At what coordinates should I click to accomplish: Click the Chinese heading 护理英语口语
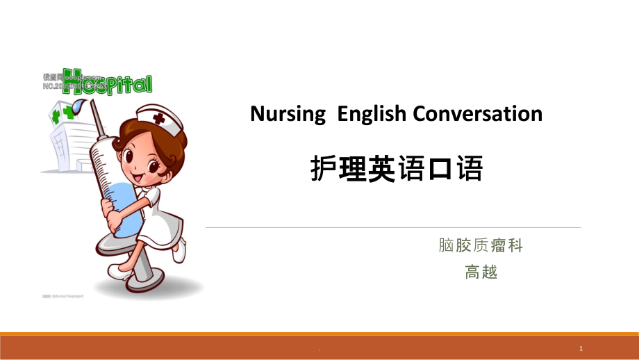click(396, 169)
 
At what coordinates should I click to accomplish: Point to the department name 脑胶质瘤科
click(481, 245)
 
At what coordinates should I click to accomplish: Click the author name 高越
click(481, 272)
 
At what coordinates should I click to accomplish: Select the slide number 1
click(580, 347)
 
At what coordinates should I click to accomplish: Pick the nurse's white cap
click(162, 117)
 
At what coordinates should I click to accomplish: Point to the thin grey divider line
click(392, 227)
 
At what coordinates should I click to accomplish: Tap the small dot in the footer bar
click(319, 350)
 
